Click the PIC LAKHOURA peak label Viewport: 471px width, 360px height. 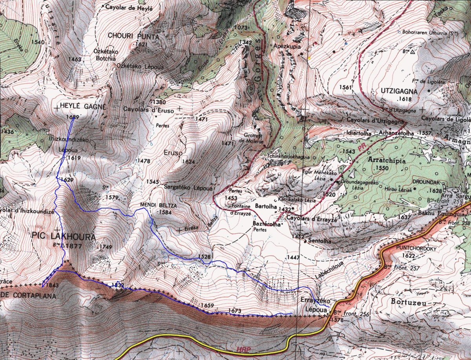(x=62, y=237)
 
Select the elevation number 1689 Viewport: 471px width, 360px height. (x=73, y=117)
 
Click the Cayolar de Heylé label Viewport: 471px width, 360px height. (x=128, y=7)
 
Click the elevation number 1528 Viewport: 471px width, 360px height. (x=205, y=257)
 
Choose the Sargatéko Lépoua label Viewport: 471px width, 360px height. (x=183, y=187)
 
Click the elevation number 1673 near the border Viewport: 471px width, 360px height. (x=235, y=311)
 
